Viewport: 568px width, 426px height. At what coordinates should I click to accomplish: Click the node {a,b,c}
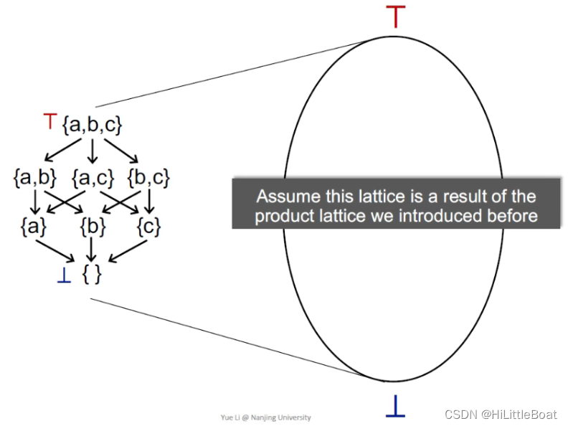(x=93, y=124)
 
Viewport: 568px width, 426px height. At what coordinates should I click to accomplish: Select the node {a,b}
(x=34, y=176)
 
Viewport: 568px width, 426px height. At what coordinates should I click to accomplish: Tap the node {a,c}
(x=92, y=176)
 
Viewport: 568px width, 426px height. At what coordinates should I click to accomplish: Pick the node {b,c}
(x=149, y=176)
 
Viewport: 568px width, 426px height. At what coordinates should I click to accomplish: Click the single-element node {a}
(x=34, y=227)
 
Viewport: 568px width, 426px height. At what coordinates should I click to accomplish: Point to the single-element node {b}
(x=93, y=227)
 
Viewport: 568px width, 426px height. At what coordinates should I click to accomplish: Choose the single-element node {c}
(x=148, y=227)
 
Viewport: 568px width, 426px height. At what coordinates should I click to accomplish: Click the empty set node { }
(x=93, y=274)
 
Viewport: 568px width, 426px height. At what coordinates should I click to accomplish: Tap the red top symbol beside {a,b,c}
(x=49, y=122)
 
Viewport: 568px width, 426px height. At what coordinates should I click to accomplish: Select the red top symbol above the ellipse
(x=395, y=16)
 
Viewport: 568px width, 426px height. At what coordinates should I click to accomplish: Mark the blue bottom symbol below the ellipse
(x=395, y=406)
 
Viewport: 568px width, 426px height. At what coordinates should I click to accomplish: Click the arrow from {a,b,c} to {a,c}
(x=93, y=150)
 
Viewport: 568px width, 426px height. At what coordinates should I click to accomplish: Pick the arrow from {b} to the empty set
(x=93, y=250)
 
